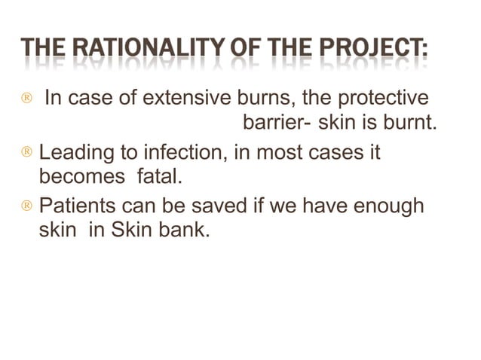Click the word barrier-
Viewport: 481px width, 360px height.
point(275,123)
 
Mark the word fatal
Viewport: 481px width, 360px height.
point(159,177)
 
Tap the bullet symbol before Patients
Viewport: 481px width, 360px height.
point(26,207)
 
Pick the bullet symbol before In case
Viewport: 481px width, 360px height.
point(26,100)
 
